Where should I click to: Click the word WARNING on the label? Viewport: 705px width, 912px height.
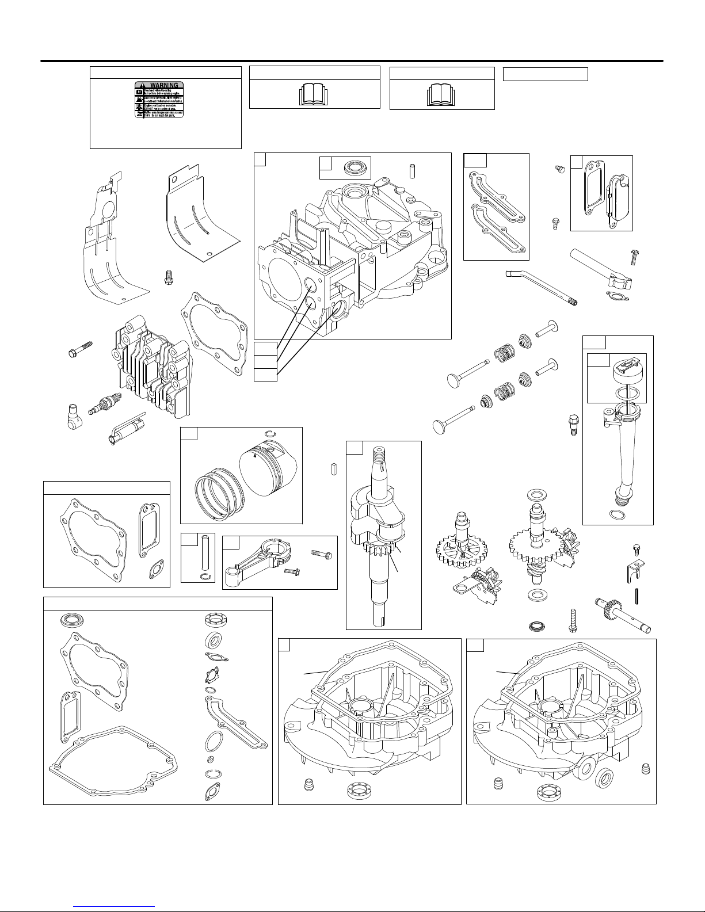[x=163, y=85]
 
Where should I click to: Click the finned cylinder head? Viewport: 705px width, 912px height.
[x=152, y=368]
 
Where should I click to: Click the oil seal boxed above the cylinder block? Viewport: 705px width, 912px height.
[x=353, y=168]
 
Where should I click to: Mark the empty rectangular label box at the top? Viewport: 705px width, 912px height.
[x=545, y=74]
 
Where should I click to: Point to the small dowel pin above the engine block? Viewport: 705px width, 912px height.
[x=411, y=171]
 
